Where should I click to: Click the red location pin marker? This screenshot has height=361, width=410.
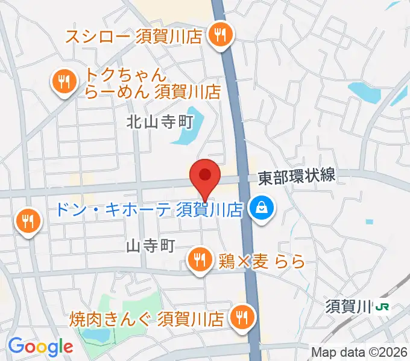(x=205, y=176)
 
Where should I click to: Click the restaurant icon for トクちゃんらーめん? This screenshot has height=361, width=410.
(x=63, y=82)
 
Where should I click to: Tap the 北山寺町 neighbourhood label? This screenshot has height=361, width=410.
(x=159, y=122)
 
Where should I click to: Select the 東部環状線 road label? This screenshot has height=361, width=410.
(x=296, y=177)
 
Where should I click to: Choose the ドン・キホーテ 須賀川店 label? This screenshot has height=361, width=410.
(x=148, y=209)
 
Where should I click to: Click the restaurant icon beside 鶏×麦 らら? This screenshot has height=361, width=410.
(x=200, y=260)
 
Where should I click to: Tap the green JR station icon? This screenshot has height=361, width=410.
(x=382, y=307)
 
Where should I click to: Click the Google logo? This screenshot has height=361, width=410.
(x=40, y=346)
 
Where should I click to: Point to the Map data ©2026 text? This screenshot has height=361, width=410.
(x=359, y=352)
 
